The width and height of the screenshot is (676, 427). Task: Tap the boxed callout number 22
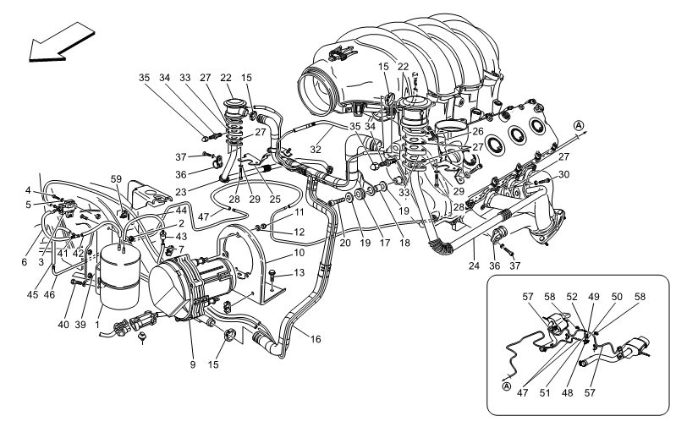pyautogui.click(x=403, y=67)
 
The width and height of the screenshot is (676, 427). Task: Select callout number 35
pyautogui.click(x=355, y=127)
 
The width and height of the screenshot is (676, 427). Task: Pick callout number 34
pyautogui.click(x=371, y=127)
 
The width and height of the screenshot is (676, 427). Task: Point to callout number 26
pyautogui.click(x=478, y=132)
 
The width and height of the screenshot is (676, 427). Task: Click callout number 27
pyautogui.click(x=478, y=147)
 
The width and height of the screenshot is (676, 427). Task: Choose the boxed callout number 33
pyautogui.click(x=404, y=193)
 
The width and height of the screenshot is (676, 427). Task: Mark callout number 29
pyautogui.click(x=458, y=192)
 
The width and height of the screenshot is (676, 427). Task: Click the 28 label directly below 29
pyautogui.click(x=458, y=207)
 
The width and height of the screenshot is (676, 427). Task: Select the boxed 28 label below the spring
pyautogui.click(x=234, y=200)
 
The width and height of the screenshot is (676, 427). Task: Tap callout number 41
pyautogui.click(x=63, y=253)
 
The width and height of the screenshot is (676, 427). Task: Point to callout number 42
pyautogui.click(x=78, y=253)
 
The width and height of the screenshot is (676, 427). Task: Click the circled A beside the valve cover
pyautogui.click(x=579, y=126)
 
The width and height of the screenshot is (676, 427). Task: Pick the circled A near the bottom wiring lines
pyautogui.click(x=506, y=386)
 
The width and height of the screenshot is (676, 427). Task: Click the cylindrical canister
pyautogui.click(x=120, y=276)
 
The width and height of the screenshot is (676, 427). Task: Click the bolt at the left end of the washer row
pyautogui.click(x=333, y=203)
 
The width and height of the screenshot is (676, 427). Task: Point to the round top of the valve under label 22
pyautogui.click(x=415, y=106)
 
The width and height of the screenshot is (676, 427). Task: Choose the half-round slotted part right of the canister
pyautogui.click(x=226, y=271)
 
